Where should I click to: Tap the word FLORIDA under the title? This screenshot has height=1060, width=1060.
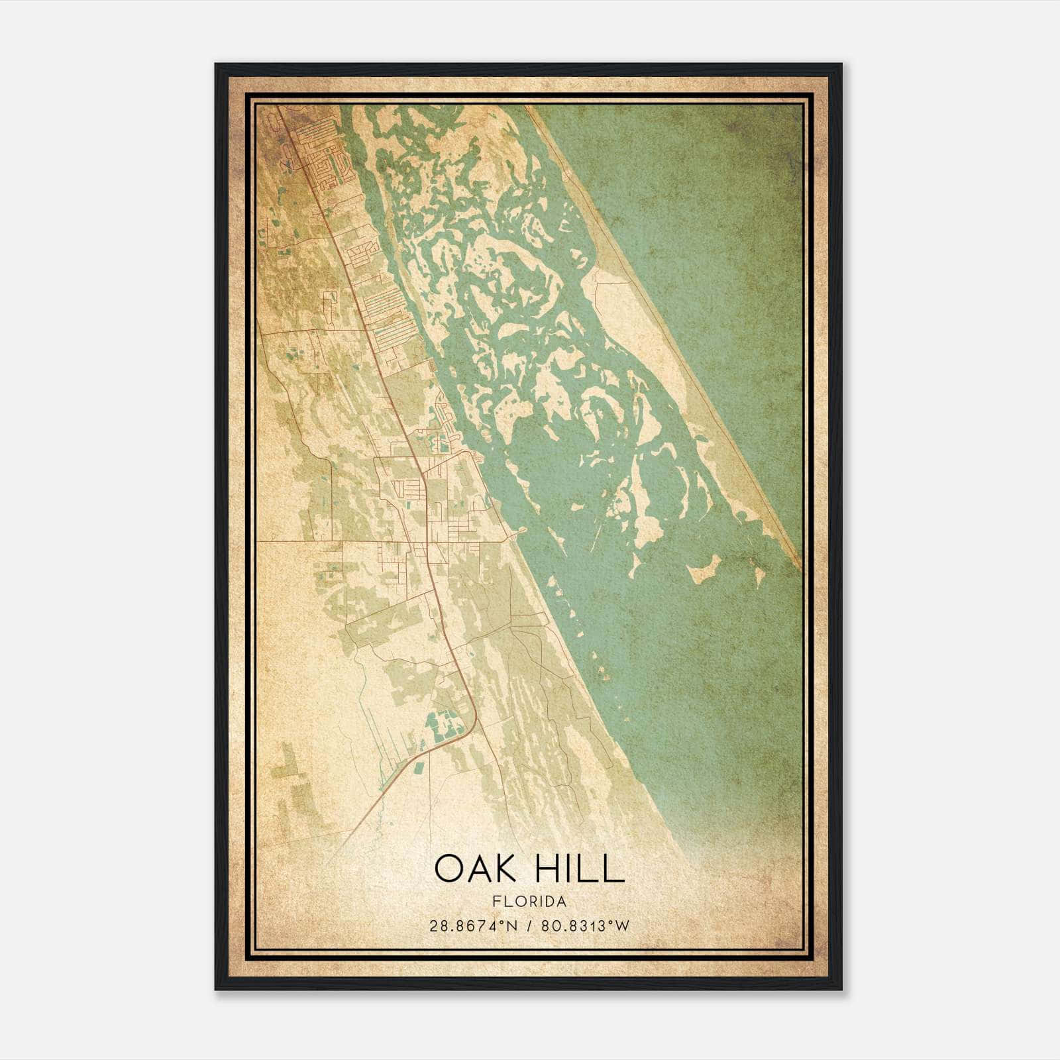tap(529, 902)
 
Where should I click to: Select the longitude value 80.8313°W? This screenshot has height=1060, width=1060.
tap(585, 926)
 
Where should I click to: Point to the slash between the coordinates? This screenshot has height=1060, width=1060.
tap(528, 926)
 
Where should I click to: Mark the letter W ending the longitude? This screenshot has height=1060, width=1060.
tap(621, 926)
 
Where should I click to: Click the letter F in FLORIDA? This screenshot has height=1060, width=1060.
tap(496, 902)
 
